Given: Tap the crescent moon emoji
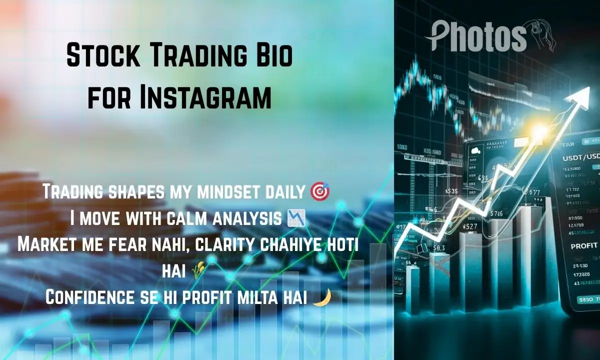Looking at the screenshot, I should click(320, 297).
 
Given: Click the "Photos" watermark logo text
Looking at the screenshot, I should click(475, 36).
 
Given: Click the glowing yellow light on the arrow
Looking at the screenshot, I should click(539, 132).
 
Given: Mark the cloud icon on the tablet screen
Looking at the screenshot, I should click(474, 150).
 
